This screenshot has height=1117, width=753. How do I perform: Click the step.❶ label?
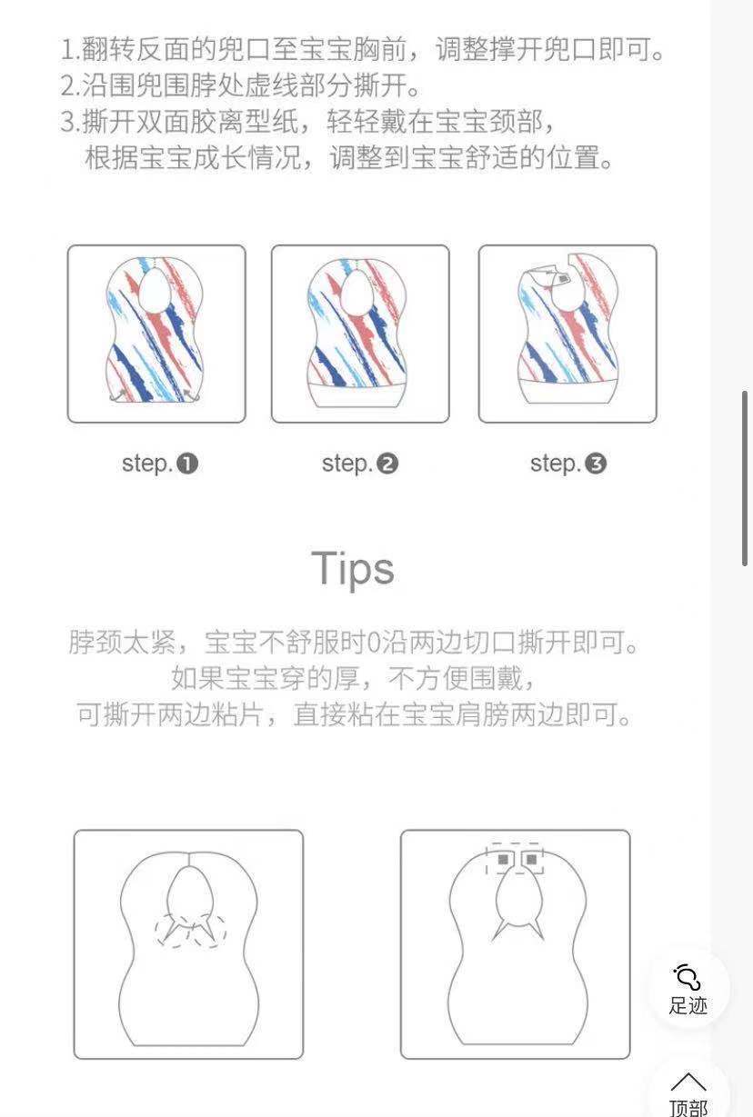point(160,464)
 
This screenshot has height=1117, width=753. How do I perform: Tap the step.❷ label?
point(360,464)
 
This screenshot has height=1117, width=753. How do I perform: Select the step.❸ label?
point(568,464)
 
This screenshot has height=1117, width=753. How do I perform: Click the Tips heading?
point(353,568)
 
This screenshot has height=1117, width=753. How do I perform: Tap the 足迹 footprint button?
point(688,989)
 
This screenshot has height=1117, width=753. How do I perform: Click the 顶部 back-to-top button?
point(688,1093)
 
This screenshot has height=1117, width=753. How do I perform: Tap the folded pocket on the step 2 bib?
point(360,395)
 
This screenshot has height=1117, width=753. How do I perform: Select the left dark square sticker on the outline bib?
point(503,859)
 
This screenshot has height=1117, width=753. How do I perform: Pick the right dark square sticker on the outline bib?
point(529,859)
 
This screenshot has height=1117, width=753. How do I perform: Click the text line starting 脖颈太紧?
point(355,643)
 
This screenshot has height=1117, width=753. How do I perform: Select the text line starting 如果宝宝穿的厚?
point(355,678)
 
